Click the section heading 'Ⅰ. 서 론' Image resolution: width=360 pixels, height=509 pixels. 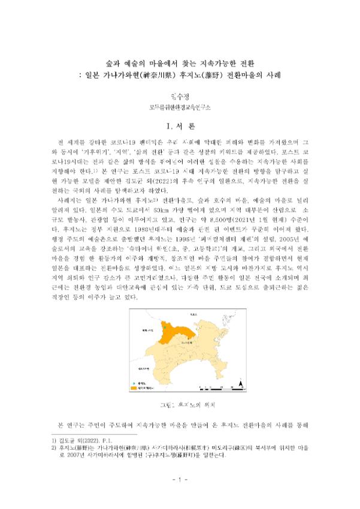point(180,126)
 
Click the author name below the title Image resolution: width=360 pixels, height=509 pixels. point(180,94)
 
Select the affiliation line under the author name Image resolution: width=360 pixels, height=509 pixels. point(180,107)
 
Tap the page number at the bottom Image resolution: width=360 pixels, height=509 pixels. point(180,480)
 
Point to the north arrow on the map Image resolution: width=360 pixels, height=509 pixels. point(240,383)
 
